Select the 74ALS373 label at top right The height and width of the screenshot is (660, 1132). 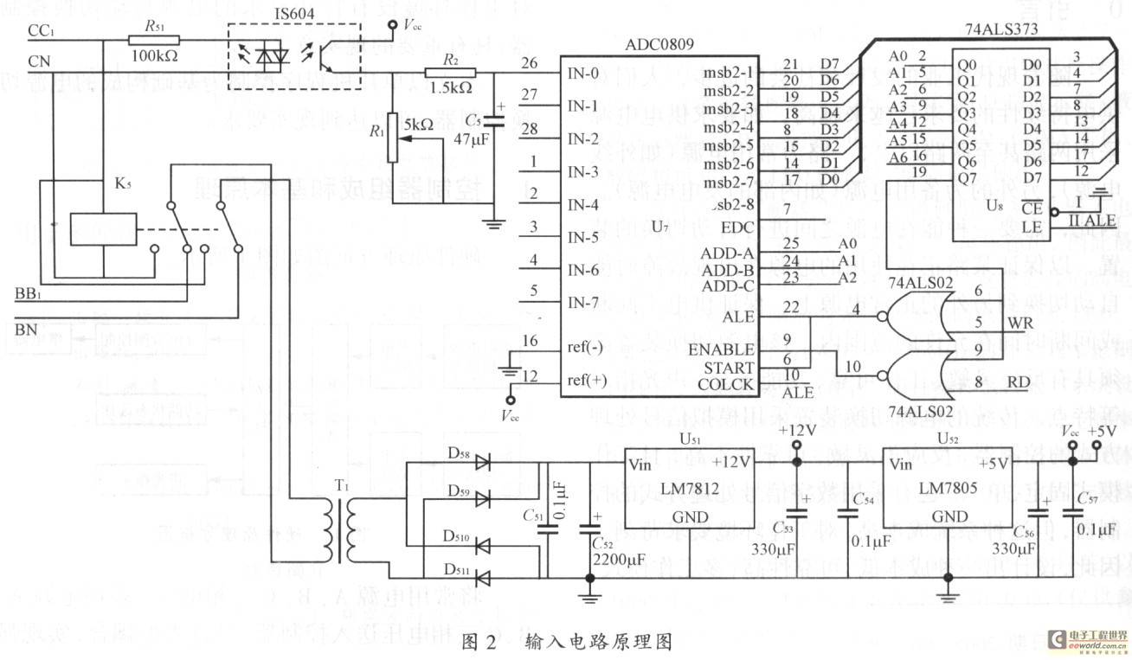(x=1000, y=28)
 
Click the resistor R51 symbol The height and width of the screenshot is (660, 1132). (x=154, y=40)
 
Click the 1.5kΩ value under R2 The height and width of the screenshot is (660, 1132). (x=450, y=88)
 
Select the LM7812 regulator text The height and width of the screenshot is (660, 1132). (x=689, y=489)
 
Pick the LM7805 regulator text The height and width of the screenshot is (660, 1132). (x=949, y=489)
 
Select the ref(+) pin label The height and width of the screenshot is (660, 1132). (x=587, y=380)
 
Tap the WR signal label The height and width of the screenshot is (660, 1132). (x=1019, y=322)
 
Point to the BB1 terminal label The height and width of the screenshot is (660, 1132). (x=29, y=294)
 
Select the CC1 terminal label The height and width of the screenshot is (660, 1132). (x=41, y=31)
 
